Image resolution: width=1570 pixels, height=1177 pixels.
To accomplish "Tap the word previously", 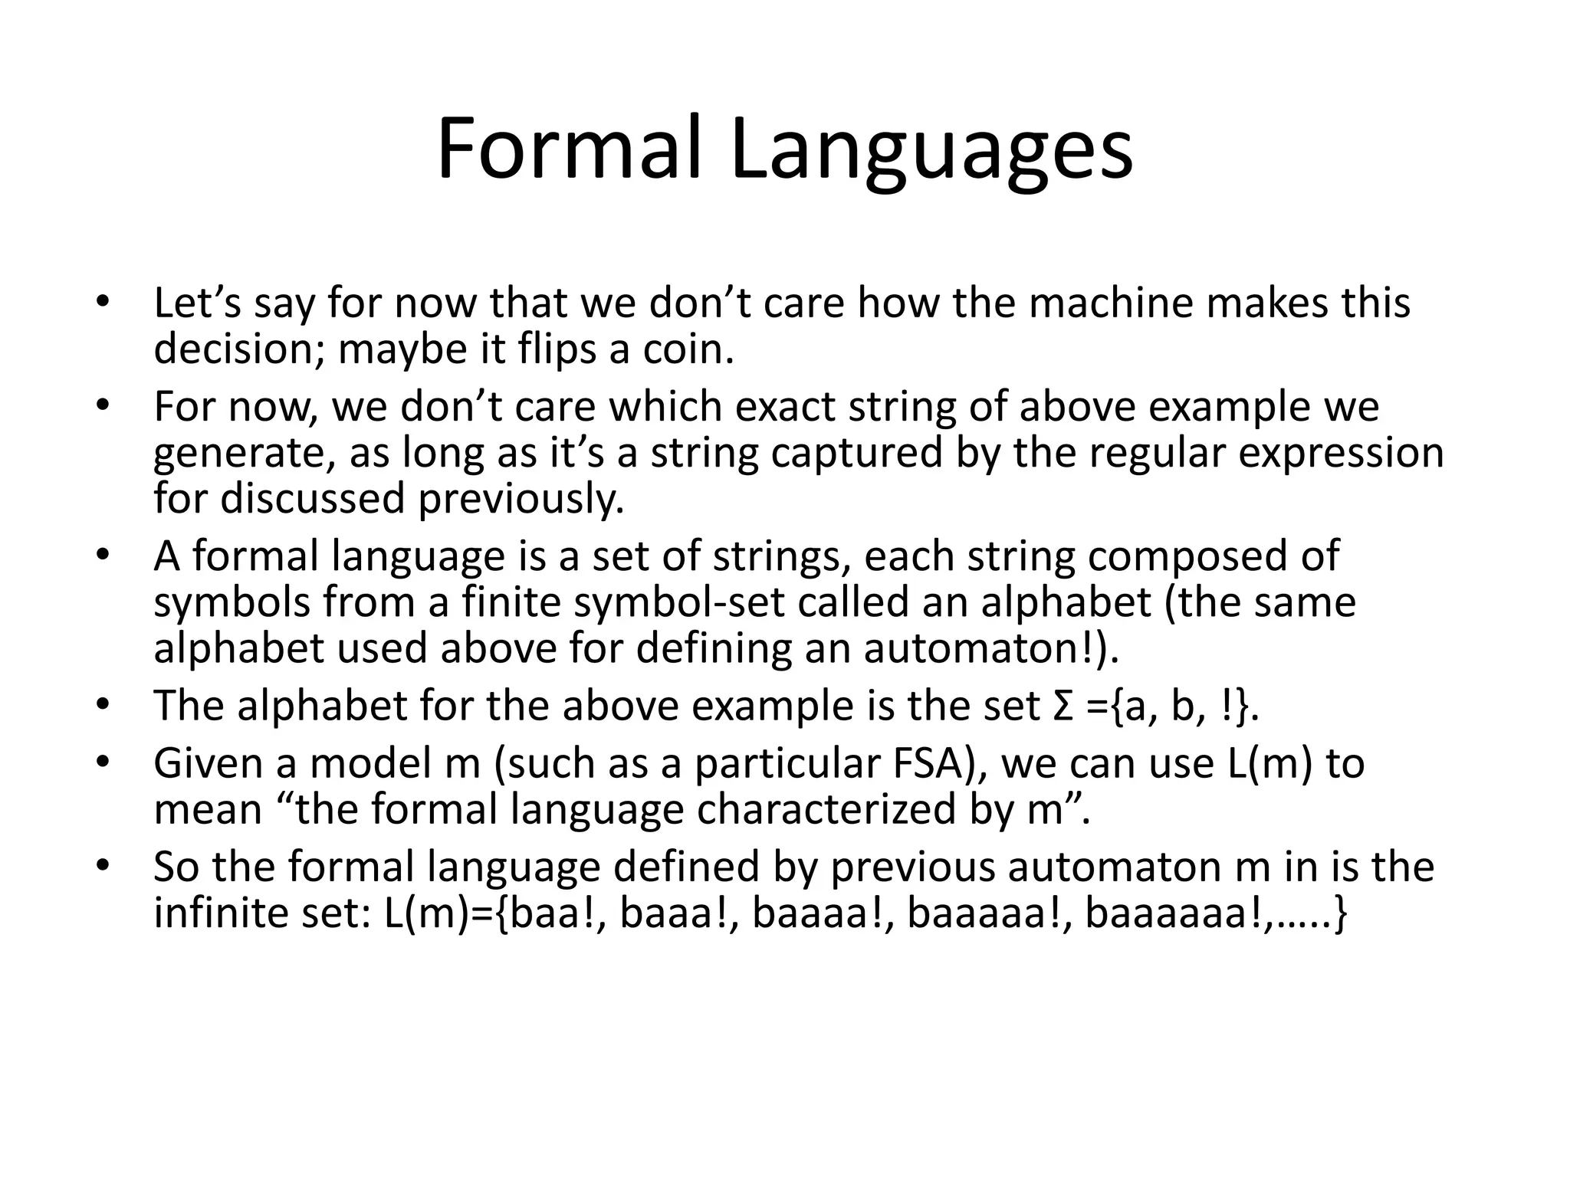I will pyautogui.click(x=521, y=500).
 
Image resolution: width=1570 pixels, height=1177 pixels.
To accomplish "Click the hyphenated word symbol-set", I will pyautogui.click(x=679, y=603).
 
